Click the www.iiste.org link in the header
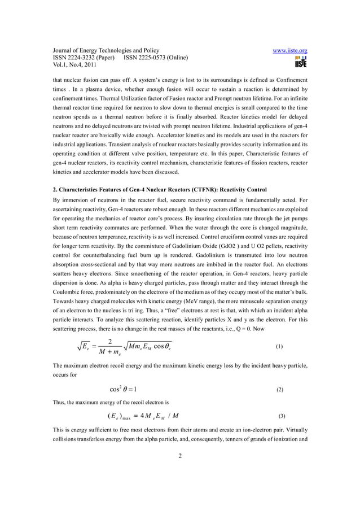pyautogui.click(x=289, y=50)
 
